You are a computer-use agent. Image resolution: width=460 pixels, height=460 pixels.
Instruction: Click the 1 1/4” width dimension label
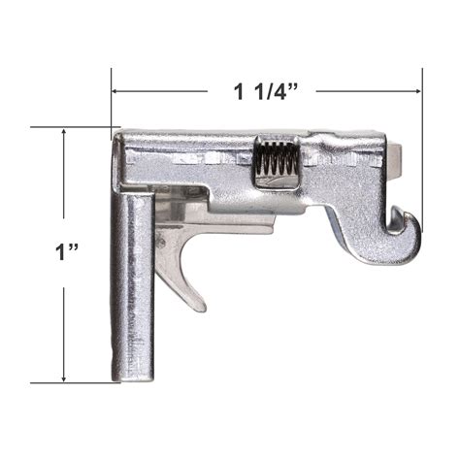click(263, 93)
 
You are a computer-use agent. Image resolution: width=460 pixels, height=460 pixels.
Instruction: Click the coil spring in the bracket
click(275, 164)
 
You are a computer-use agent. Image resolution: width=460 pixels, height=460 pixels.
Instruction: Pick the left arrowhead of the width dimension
click(116, 92)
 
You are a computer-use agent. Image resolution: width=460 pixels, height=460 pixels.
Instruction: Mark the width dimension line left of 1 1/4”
click(165, 92)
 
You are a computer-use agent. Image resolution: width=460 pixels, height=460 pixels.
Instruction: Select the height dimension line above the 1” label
click(63, 184)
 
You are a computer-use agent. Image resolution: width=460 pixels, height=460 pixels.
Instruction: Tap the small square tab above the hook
click(397, 154)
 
